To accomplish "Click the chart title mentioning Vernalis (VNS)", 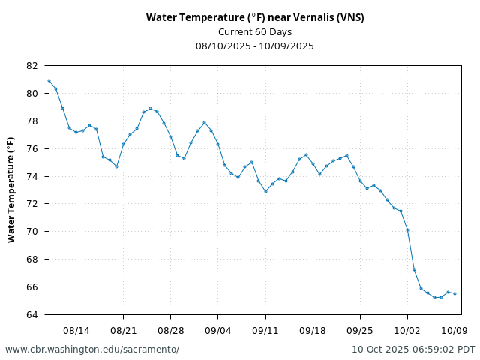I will (x=255, y=17).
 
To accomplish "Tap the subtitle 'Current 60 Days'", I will (x=255, y=31).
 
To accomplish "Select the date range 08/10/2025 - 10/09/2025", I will (x=255, y=46).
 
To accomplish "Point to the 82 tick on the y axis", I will (x=31, y=66).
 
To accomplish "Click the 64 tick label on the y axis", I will (x=31, y=314).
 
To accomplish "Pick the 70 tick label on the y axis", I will (x=31, y=232).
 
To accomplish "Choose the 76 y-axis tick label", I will (x=31, y=148).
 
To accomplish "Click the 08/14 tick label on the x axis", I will (x=76, y=330).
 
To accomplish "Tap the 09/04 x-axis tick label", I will (x=218, y=330).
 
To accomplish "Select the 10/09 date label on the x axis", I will (x=454, y=330).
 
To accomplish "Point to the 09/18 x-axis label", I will (x=313, y=330).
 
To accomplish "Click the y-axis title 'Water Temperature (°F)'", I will (x=11, y=190).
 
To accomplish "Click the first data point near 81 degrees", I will (x=49, y=80).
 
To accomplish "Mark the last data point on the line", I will (x=454, y=293).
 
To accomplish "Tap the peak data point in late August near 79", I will (x=150, y=108).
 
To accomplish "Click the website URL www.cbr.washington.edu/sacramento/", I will (x=92, y=349).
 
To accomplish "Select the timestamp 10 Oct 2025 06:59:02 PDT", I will (x=413, y=349).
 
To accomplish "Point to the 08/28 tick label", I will (x=170, y=330).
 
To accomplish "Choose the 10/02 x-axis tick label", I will (x=407, y=330).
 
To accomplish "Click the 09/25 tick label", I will (x=360, y=330).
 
